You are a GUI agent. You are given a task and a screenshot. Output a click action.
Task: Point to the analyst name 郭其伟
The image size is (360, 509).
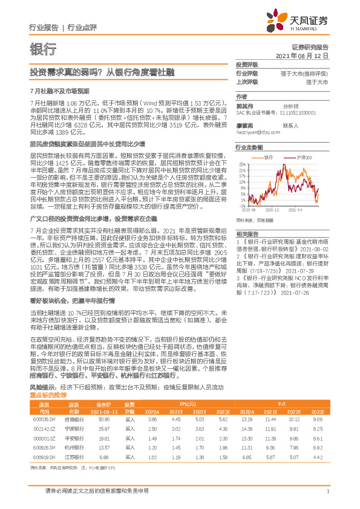click(244, 105)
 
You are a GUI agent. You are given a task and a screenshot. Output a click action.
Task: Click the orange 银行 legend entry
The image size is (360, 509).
click(268, 157)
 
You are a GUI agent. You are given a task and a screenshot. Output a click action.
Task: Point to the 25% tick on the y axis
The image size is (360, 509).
click(242, 164)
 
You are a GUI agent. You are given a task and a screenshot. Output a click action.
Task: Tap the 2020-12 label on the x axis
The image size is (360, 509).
click(272, 210)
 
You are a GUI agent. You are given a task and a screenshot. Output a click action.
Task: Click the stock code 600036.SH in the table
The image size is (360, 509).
click(44, 401)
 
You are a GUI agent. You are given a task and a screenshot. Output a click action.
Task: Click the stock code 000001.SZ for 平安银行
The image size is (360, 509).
click(44, 421)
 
